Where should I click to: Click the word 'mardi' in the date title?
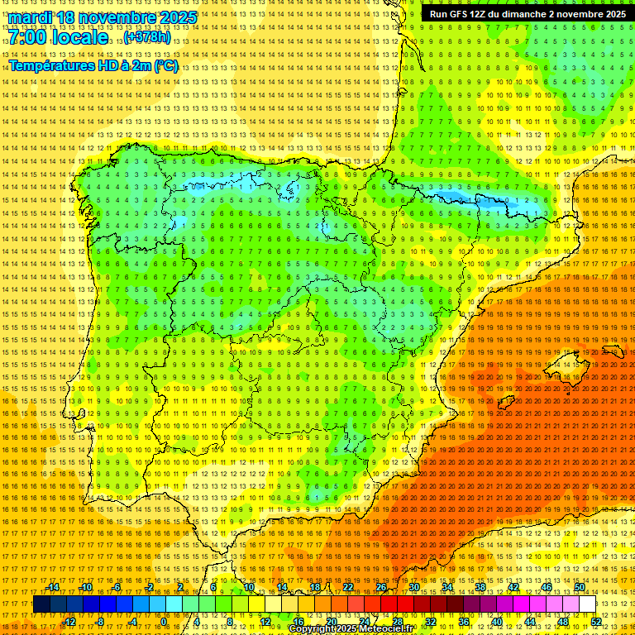tap(30, 17)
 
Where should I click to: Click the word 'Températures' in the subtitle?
tap(50, 65)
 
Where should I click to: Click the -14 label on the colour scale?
tap(53, 587)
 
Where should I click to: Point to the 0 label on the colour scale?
tap(164, 622)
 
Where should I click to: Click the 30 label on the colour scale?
tap(414, 587)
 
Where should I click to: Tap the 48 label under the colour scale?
tap(563, 622)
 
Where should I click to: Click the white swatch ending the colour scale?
tap(587, 604)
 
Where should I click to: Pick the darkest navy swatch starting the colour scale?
tap(41, 604)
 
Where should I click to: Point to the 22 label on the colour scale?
tap(348, 587)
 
